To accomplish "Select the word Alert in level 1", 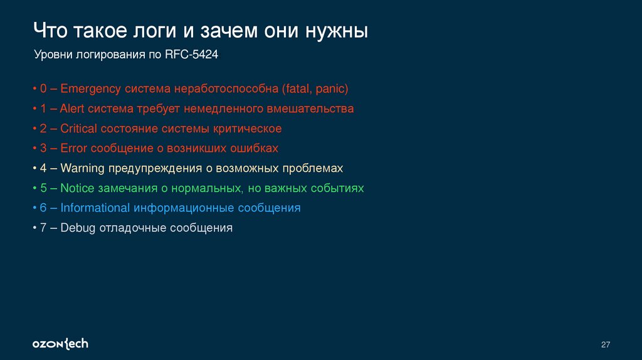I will pos(72,109).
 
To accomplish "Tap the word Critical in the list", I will pos(79,129).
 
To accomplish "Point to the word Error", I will pos(74,149).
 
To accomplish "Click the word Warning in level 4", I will pos(83,169).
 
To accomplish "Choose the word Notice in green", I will pos(76,188).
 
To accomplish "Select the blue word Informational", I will pos(95,208).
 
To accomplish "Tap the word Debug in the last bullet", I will pos(77,228).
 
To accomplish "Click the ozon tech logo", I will pos(60,343).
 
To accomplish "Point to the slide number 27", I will pos(605,344).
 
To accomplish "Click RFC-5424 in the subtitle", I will pos(191,55).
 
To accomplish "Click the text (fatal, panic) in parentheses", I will pos(315,88).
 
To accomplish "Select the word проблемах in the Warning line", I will pos(313,169).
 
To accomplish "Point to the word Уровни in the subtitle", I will pos(53,55).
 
